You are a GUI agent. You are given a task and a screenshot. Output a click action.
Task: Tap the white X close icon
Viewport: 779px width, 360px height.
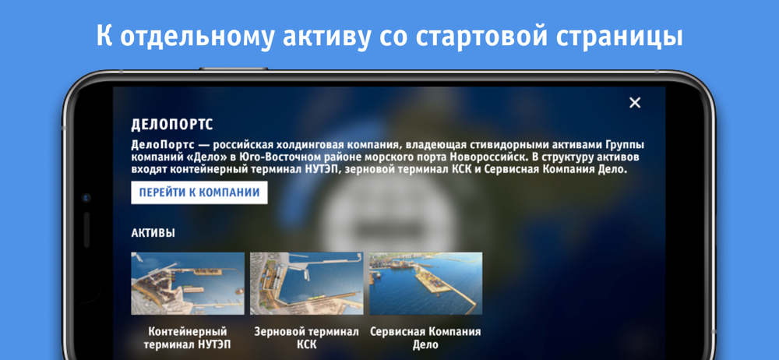[x=635, y=103]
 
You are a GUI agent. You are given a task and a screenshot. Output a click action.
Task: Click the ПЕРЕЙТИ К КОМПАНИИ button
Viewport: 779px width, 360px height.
[x=199, y=193]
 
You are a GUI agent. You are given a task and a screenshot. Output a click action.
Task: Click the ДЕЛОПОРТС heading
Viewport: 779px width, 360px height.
[x=172, y=125]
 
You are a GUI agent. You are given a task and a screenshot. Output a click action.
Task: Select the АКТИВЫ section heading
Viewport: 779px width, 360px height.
[x=153, y=233]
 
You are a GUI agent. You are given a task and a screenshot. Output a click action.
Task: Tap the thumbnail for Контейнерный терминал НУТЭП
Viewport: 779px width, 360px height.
[x=188, y=284]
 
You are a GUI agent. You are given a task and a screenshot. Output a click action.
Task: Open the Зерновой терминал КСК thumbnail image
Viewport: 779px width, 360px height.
[x=306, y=284]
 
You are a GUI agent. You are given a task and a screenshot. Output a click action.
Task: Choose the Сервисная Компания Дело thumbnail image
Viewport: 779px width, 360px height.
[x=426, y=284]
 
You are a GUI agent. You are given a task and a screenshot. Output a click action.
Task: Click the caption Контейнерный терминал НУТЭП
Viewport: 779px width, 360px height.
[x=188, y=338]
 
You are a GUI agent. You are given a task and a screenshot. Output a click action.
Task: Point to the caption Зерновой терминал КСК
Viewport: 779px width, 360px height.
[x=306, y=338]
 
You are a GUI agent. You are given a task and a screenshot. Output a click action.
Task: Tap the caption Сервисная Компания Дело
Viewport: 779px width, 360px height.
[x=426, y=338]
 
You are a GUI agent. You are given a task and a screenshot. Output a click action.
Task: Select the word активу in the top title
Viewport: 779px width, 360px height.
[x=326, y=37]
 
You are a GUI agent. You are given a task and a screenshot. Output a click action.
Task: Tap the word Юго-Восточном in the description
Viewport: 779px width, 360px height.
[x=280, y=157]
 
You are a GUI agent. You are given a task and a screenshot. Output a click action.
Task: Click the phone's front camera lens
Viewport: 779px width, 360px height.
[x=87, y=198]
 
